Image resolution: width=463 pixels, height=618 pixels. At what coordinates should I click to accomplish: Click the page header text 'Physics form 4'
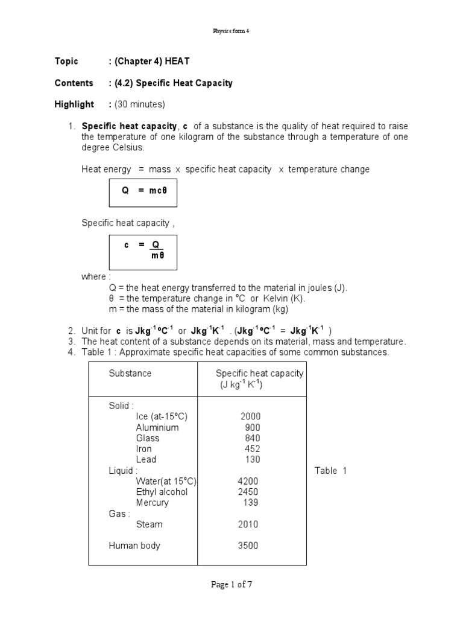[231, 31]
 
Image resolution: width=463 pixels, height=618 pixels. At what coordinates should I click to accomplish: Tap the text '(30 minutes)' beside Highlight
[140, 104]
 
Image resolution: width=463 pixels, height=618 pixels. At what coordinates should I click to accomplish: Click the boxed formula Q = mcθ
[142, 190]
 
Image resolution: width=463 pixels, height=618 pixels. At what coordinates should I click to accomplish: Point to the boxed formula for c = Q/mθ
[142, 250]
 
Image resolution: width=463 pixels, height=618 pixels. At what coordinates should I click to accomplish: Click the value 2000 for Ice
[250, 416]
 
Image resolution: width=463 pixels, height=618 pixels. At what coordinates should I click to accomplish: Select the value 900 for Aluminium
[252, 427]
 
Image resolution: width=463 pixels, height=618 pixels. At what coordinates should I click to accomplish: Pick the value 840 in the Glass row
[252, 438]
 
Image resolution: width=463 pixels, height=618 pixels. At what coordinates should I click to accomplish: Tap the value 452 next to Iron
[252, 449]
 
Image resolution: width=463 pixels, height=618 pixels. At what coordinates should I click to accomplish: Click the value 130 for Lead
[252, 460]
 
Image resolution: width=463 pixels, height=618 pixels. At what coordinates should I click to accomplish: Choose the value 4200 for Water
[248, 482]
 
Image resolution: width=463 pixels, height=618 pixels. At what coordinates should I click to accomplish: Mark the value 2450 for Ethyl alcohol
[248, 492]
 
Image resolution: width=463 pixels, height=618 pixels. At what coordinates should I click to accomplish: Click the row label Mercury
[153, 503]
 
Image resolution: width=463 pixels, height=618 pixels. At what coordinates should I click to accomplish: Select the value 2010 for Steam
[248, 524]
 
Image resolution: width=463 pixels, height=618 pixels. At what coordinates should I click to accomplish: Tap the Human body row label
[134, 546]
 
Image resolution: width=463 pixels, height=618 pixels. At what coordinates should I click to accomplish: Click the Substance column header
[130, 374]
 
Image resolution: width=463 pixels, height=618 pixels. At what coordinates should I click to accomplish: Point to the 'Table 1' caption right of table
[330, 471]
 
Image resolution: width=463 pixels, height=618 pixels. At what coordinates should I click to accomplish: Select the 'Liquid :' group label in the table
[123, 471]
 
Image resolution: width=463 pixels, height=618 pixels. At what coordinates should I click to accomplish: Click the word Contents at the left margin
[74, 83]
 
